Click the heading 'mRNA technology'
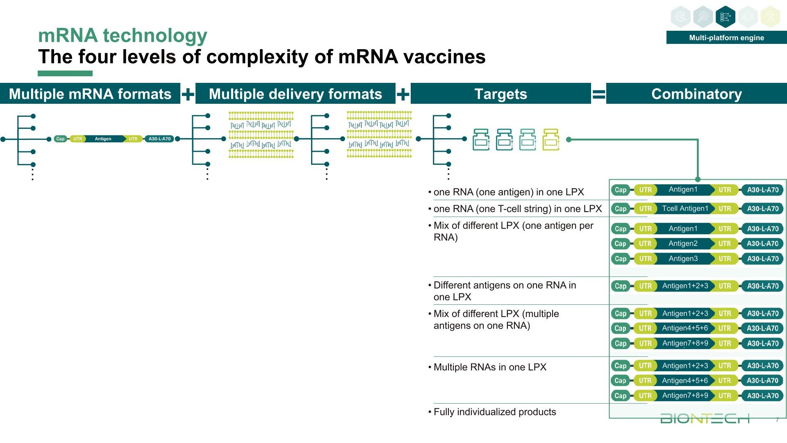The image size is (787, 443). tap(123, 36)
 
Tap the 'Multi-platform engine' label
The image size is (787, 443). tap(726, 38)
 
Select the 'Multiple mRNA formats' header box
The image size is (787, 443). tap(90, 94)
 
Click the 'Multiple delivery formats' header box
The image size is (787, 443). tap(295, 94)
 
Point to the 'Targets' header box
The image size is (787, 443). tap(500, 94)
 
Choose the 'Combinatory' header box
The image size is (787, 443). tap(696, 94)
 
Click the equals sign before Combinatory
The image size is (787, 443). tap(598, 95)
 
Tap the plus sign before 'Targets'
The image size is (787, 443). tap(403, 95)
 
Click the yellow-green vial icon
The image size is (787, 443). tap(550, 139)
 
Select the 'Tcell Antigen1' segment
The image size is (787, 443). tap(685, 208)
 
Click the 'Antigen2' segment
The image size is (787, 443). tap(683, 244)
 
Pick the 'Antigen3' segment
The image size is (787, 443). tap(683, 259)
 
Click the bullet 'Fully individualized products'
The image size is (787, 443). tap(494, 412)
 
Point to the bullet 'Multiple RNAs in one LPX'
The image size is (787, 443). tap(490, 367)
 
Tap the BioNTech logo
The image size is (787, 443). tap(705, 418)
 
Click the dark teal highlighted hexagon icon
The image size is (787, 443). tap(725, 17)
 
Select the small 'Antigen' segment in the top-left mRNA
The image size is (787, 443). tap(103, 139)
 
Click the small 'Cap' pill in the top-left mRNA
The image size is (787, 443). tap(60, 139)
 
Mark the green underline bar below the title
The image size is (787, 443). tap(65, 73)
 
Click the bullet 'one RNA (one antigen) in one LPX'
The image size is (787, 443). tap(508, 192)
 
